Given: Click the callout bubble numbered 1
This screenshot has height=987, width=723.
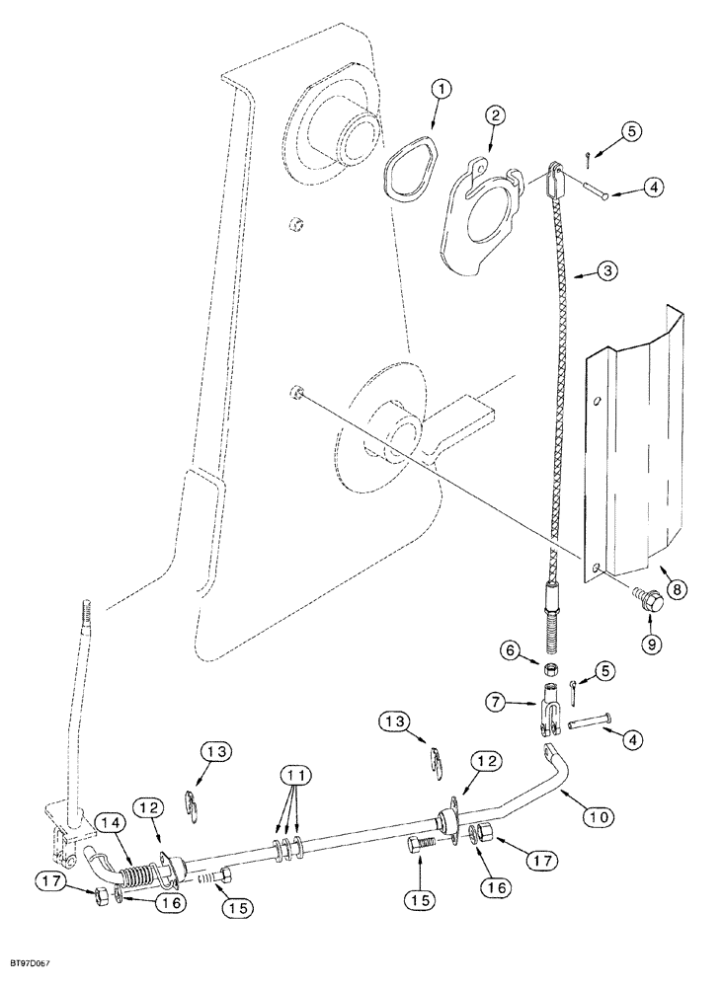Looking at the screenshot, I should point(442,91).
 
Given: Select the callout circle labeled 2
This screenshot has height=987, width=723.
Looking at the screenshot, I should point(495,115).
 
